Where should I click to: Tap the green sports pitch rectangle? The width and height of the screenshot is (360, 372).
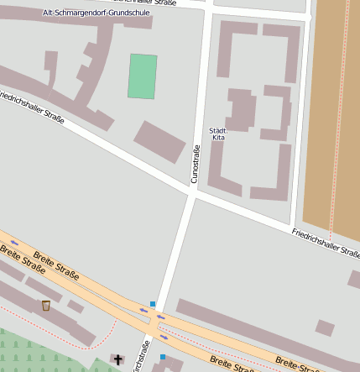pos(143,76)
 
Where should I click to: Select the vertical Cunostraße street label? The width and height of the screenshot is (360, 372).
pos(196,164)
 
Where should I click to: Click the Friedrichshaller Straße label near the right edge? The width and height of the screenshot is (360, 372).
pos(326,243)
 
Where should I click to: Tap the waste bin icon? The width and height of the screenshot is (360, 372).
pos(45,305)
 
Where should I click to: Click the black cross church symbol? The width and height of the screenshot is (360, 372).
pos(118,360)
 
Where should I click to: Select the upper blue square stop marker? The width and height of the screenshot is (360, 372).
pos(153,303)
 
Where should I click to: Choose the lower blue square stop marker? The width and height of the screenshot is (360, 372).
pos(163,357)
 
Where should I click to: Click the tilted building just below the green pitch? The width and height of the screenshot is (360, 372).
pos(159,141)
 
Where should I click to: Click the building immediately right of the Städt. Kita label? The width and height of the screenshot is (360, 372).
pos(241,109)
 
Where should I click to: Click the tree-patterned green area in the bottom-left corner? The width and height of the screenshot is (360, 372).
pos(34,353)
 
